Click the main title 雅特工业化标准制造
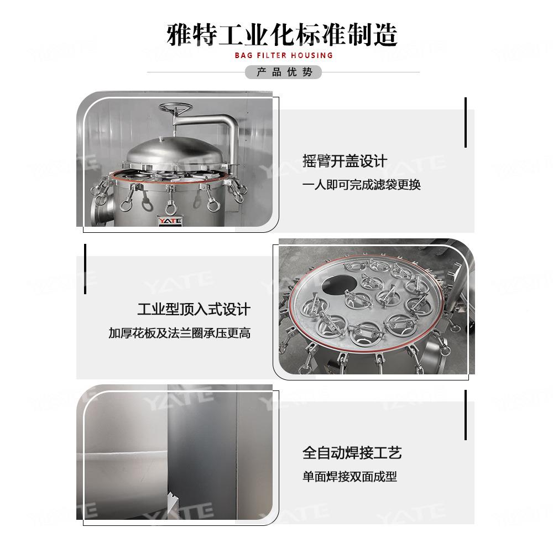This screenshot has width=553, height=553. point(282,35)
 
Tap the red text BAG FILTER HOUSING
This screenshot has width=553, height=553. point(283,55)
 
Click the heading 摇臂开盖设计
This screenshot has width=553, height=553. point(345,161)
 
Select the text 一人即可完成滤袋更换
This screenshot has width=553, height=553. point(361,185)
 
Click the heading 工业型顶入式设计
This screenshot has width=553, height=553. point(194,309)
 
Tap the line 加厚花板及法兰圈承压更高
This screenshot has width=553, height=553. point(179,333)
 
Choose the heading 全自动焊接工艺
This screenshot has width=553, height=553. point(352,453)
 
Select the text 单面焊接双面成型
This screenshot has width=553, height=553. point(349,476)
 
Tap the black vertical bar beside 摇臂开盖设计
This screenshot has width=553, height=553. point(466,122)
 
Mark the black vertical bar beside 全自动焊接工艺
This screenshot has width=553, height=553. point(466,415)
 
